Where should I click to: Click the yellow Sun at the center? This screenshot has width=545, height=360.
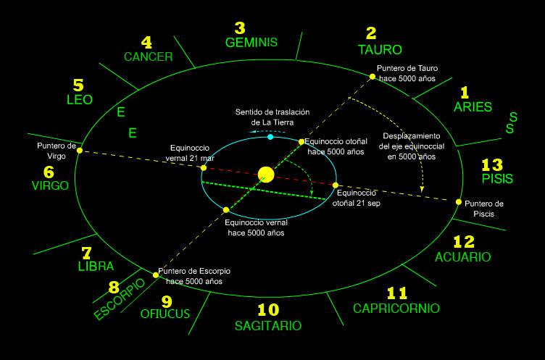tap(266, 174)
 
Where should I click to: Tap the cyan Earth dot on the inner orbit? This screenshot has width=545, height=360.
tap(270, 136)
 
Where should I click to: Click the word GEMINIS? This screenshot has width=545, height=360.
tap(251, 42)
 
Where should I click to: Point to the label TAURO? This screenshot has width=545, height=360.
tap(380, 50)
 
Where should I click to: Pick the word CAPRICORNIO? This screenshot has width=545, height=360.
tap(396, 309)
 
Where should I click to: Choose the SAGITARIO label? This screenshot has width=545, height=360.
tap(267, 326)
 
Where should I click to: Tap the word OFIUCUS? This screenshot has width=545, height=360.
tap(165, 314)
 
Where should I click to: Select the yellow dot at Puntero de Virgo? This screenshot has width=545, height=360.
tap(80, 151)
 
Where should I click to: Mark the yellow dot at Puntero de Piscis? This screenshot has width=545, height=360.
tap(458, 202)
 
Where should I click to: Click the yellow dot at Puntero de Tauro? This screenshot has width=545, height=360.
tap(373, 76)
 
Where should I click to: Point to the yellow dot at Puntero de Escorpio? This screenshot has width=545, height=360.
tap(156, 275)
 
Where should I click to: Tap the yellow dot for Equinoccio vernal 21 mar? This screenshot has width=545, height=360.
tap(204, 168)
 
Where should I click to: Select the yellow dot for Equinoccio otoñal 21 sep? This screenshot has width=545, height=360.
tap(335, 185)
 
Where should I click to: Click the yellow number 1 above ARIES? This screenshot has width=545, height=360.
tap(465, 92)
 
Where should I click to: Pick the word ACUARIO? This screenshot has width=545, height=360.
tap(462, 257)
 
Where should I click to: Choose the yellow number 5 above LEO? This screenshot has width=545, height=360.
tap(78, 85)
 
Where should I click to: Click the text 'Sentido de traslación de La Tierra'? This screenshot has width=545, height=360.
tap(272, 117)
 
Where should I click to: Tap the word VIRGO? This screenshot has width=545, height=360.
tap(50, 185)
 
